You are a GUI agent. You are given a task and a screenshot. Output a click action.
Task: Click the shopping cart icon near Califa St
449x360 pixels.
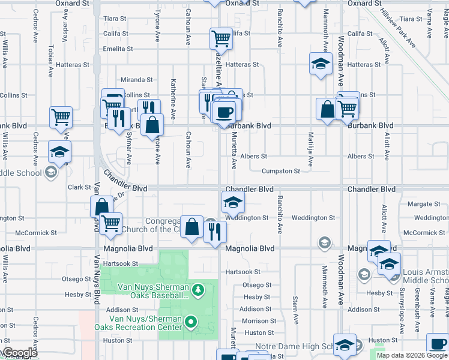click(x=221, y=39)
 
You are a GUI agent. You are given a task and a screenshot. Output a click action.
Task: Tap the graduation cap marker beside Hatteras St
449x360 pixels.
click(x=321, y=62)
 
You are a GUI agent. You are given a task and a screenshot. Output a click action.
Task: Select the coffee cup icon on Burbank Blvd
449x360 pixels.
click(x=224, y=112)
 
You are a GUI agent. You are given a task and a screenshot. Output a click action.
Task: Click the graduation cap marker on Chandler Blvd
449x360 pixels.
click(x=233, y=202)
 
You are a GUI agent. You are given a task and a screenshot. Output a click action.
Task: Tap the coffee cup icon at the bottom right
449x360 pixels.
click(x=437, y=344)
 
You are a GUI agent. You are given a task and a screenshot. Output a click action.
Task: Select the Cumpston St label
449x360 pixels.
click(x=280, y=171)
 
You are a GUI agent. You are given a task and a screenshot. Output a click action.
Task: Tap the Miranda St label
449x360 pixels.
click(x=137, y=80)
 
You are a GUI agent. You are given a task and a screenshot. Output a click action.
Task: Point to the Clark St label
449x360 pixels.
click(x=79, y=187)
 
